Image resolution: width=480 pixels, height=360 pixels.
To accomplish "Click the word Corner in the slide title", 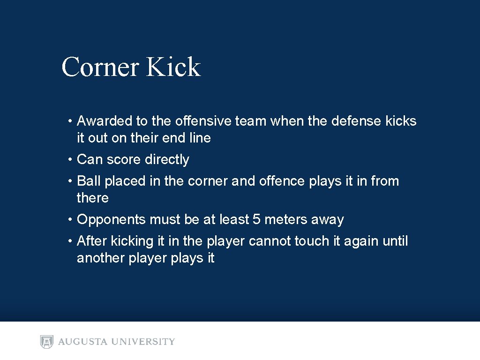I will click(100, 67).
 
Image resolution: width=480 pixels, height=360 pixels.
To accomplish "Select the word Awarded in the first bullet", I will click(105, 121).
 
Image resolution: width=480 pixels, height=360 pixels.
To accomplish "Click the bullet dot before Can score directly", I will click(68, 160).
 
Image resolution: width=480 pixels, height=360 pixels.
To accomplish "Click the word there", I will click(92, 198).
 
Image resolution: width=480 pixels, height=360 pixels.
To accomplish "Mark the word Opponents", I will click(111, 219).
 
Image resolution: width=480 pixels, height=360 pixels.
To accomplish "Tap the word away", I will click(328, 219).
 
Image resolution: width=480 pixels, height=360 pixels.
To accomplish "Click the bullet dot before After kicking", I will click(68, 241).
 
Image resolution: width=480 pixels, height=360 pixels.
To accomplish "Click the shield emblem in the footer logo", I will click(47, 342).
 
